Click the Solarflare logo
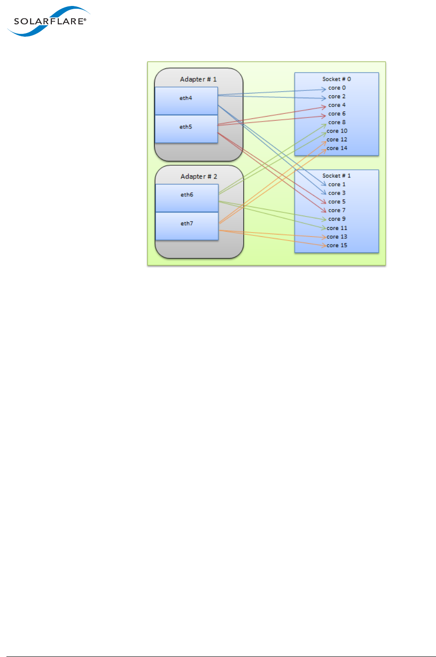[x=48, y=22]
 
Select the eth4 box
[x=186, y=100]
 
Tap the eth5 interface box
[x=186, y=129]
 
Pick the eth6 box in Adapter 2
[x=187, y=198]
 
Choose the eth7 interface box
[x=187, y=226]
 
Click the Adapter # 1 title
[x=198, y=79]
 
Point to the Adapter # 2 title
[x=199, y=177]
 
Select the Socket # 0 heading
[x=336, y=79]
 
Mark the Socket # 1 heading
[x=336, y=176]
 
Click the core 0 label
[x=337, y=88]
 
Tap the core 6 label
[x=337, y=114]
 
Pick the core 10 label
[x=337, y=131]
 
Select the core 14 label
[x=337, y=148]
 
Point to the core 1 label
[x=337, y=184]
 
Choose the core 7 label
[x=337, y=211]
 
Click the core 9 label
[x=337, y=219]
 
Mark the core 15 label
[x=337, y=245]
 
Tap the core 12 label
[x=337, y=140]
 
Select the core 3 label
[x=337, y=193]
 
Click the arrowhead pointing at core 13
[x=324, y=237]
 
